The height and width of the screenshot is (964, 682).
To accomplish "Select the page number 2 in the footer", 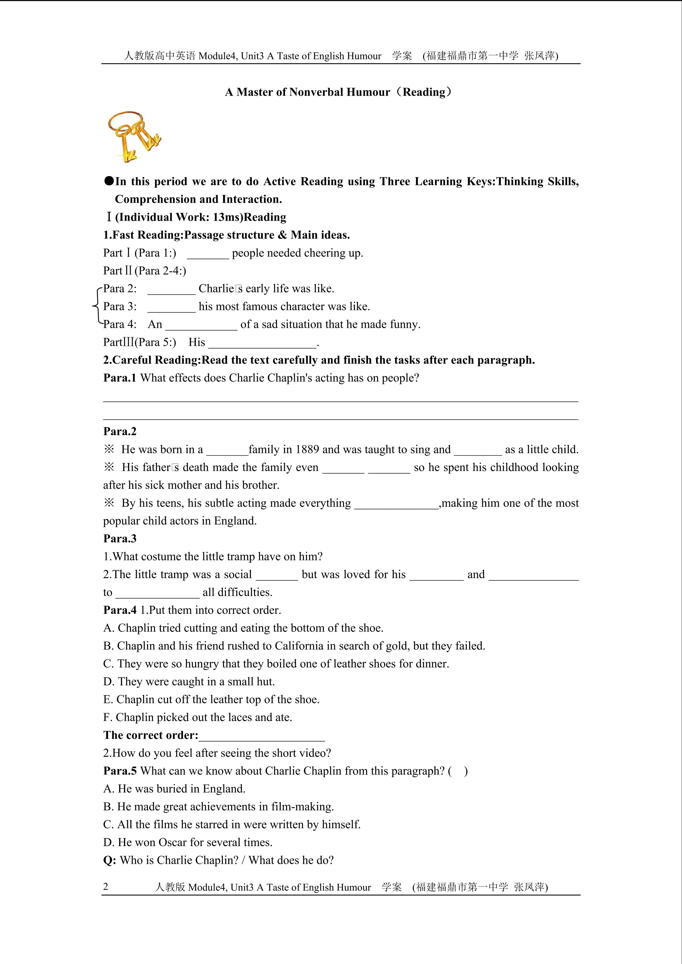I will point(105,887).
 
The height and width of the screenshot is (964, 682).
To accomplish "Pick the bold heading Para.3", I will point(120,539).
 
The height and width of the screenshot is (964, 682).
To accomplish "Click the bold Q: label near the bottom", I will point(110,860).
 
